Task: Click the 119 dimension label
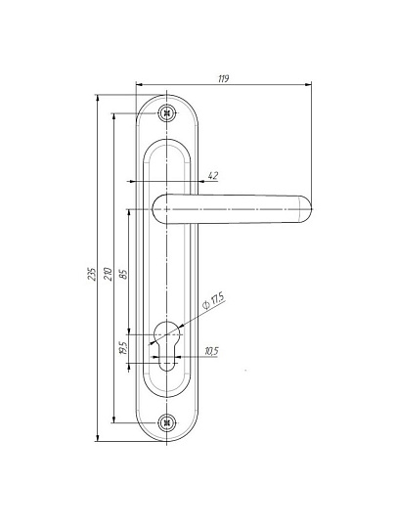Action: pyautogui.click(x=224, y=78)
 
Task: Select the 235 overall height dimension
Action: pyautogui.click(x=92, y=274)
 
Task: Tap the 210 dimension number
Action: pyautogui.click(x=108, y=274)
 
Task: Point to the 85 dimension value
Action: pyautogui.click(x=123, y=274)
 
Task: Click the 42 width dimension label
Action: pyautogui.click(x=213, y=175)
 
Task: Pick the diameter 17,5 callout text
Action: pyautogui.click(x=213, y=301)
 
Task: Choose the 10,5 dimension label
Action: pyautogui.click(x=211, y=351)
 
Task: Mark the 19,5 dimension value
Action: pyautogui.click(x=123, y=348)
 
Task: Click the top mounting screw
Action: pyautogui.click(x=166, y=113)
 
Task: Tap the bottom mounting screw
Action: pyautogui.click(x=166, y=423)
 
